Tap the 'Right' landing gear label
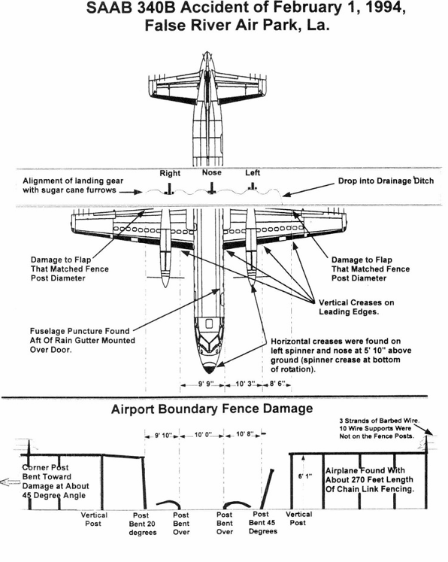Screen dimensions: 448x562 point(170,174)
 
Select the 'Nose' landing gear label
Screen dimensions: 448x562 point(212,172)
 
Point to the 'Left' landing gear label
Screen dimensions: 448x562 point(253,173)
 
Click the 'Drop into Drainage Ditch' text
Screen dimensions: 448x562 point(386,181)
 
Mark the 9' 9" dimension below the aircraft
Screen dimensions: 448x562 point(205,384)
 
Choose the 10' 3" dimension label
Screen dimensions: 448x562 point(245,384)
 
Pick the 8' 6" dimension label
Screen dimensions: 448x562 point(277,384)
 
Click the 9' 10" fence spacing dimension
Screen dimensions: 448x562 point(163,436)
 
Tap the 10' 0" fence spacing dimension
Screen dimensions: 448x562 point(203,435)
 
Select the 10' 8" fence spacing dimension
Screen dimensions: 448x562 point(245,434)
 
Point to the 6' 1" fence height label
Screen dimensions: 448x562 point(304,477)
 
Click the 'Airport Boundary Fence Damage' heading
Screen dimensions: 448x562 point(212,409)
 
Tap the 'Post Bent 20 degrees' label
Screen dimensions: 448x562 point(142,524)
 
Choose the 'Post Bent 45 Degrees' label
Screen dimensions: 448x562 point(262,523)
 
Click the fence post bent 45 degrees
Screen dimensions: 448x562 point(268,488)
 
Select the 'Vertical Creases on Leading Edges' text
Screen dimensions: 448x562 point(356,307)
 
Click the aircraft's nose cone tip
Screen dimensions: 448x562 point(210,373)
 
